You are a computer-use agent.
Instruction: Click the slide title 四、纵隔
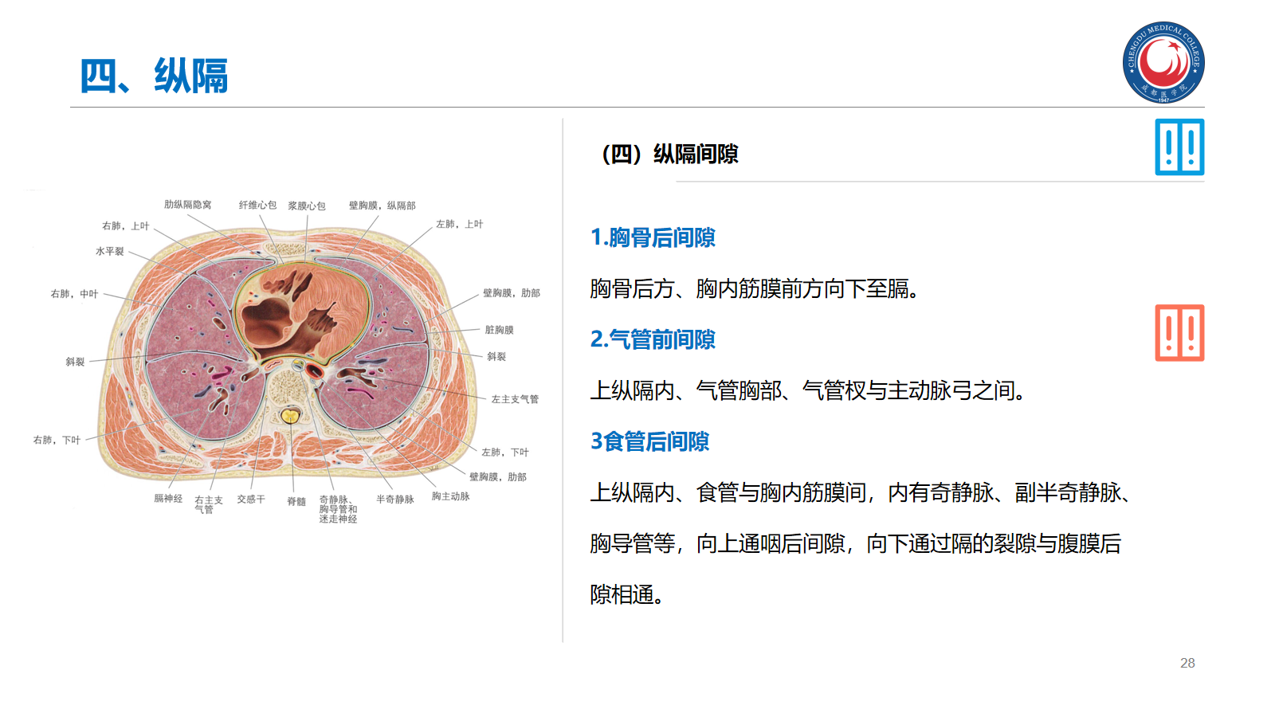(x=154, y=76)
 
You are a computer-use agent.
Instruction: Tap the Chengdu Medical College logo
(x=1163, y=62)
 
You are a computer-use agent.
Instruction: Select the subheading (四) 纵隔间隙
(x=669, y=154)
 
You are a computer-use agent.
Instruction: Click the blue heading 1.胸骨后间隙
(x=653, y=237)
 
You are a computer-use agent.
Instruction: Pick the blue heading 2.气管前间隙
(x=653, y=339)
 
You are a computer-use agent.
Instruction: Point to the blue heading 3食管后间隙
(x=649, y=441)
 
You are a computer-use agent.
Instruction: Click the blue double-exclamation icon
(x=1179, y=147)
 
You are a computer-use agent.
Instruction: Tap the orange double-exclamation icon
(x=1179, y=333)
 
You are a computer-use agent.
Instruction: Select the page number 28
(x=1187, y=663)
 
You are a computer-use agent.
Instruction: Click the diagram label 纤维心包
(x=257, y=205)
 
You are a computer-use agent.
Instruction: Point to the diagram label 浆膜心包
(x=307, y=206)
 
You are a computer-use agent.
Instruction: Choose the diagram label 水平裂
(x=110, y=251)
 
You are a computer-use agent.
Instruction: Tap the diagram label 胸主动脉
(x=450, y=496)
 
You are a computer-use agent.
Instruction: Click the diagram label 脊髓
(x=296, y=501)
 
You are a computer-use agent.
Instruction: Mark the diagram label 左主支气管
(x=515, y=399)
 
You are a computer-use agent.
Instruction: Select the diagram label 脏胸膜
(x=499, y=330)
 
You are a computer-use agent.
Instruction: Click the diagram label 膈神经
(x=168, y=499)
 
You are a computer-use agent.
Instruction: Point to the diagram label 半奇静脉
(x=394, y=500)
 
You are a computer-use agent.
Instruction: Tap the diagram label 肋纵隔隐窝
(x=188, y=205)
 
